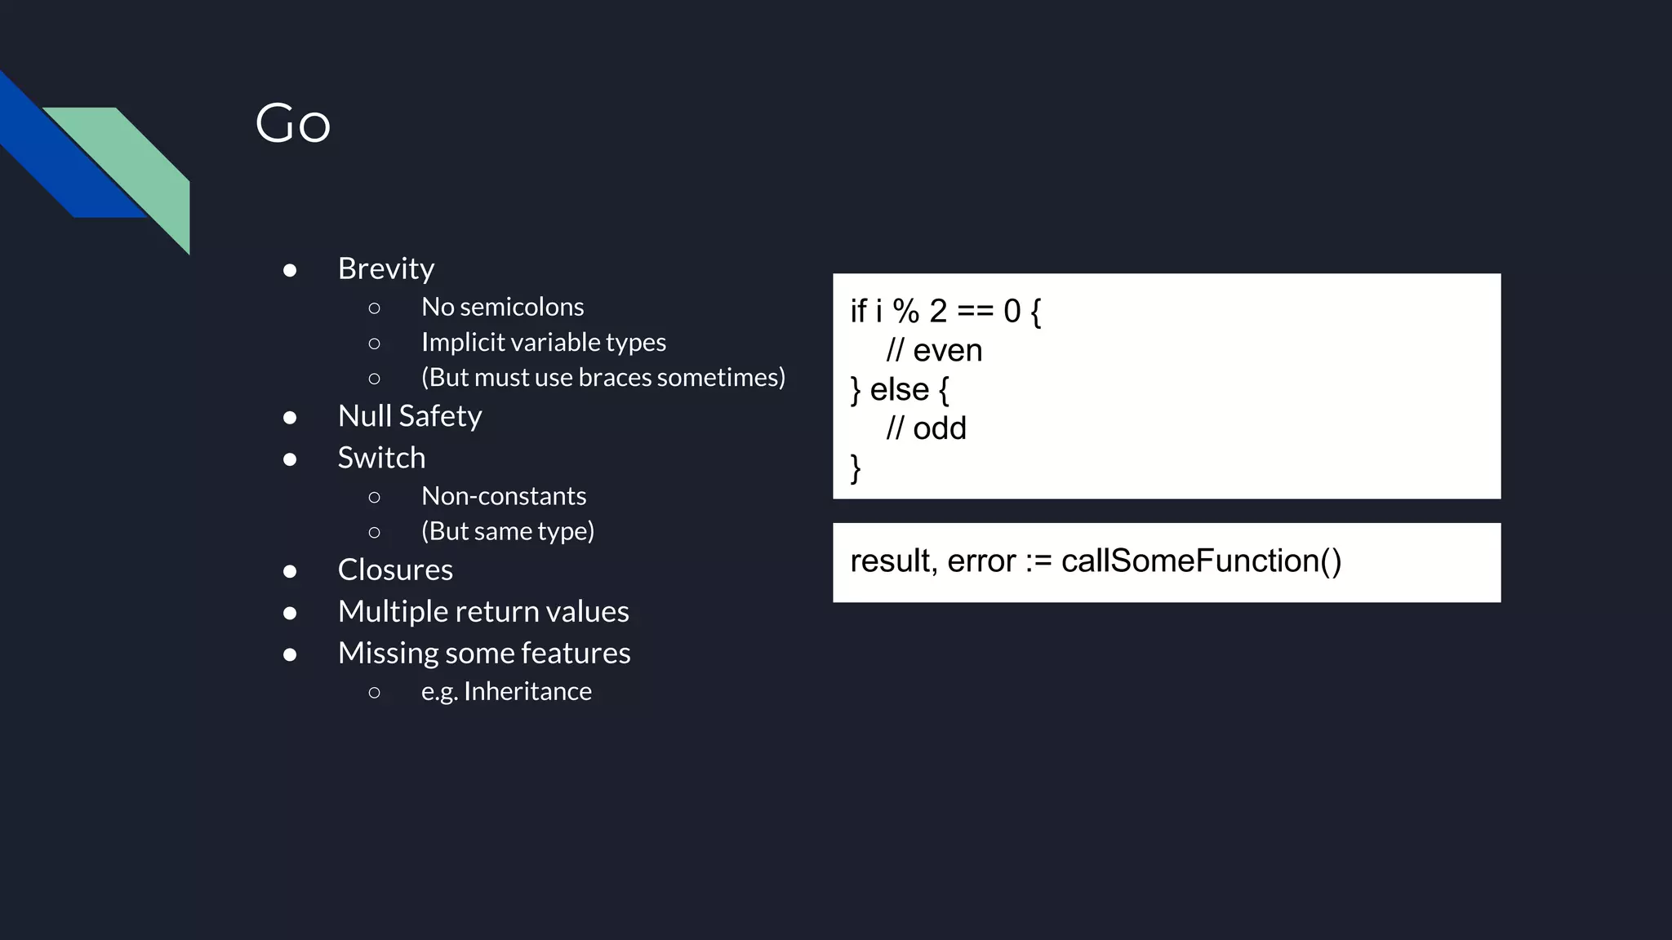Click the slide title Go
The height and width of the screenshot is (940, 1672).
coord(292,124)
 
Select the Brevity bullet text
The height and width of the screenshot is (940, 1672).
coord(385,268)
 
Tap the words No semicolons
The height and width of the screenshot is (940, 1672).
coord(502,307)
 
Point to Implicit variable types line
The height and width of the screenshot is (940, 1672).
coord(543,342)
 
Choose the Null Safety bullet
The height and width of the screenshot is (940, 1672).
coord(409,416)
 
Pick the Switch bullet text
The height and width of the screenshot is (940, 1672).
coord(381,458)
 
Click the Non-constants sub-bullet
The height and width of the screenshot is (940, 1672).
coord(503,496)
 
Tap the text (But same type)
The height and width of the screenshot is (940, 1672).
coord(507,531)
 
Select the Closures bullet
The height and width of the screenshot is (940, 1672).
coord(395,570)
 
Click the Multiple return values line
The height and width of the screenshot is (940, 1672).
coord(482,611)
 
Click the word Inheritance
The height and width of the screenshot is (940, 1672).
coord(527,691)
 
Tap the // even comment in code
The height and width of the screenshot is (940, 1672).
coord(934,350)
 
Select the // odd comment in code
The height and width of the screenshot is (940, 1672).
coord(926,428)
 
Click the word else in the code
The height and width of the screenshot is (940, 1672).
coord(899,389)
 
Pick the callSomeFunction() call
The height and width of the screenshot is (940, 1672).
coord(1201,561)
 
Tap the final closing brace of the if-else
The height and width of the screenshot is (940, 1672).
coord(856,468)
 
